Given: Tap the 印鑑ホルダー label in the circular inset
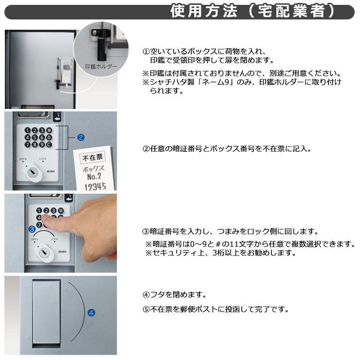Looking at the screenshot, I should (x=101, y=67).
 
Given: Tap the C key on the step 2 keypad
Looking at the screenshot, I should (x=49, y=144).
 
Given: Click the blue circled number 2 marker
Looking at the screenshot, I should (x=81, y=138).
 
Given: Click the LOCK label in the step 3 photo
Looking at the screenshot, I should (x=54, y=239).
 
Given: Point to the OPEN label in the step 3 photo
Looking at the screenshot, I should (x=35, y=239).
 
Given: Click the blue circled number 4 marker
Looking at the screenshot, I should (x=90, y=313).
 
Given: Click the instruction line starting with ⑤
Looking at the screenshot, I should (x=216, y=309).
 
